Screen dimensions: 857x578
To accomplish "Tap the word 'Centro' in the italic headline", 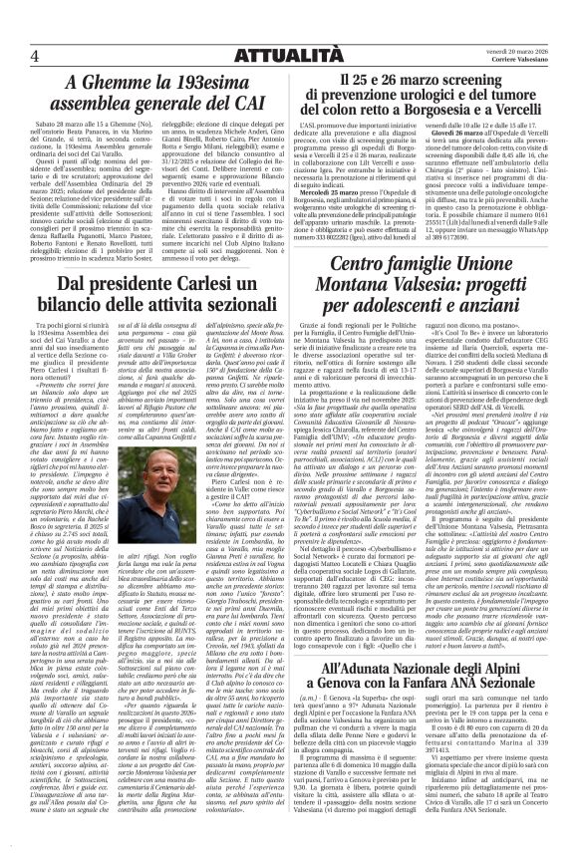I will point(352,265).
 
